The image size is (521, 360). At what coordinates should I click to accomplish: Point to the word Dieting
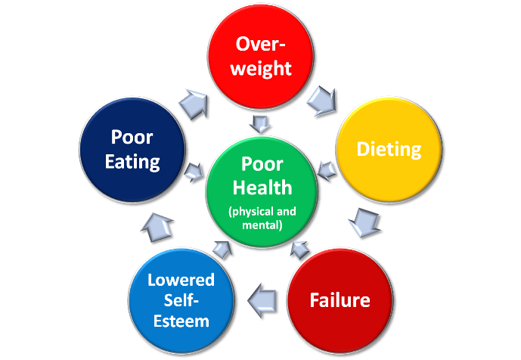click(389, 149)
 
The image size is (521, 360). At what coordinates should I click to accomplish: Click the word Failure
click(340, 300)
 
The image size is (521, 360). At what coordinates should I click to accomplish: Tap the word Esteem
click(181, 321)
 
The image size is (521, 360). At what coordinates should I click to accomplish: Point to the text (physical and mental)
click(262, 218)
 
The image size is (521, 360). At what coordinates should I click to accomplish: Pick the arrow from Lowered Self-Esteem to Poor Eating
click(157, 225)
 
